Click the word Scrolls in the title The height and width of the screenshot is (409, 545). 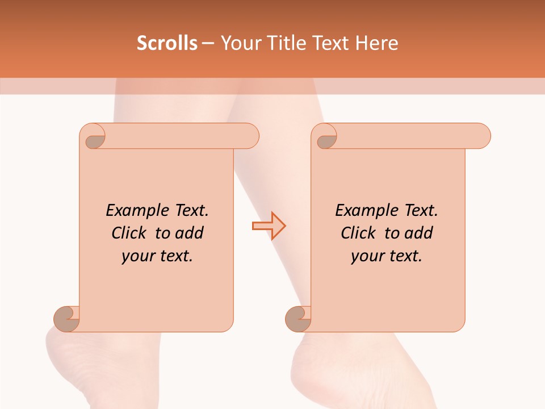(x=167, y=43)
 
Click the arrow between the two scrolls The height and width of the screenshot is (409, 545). (x=269, y=226)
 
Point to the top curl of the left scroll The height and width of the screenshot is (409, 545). (x=93, y=136)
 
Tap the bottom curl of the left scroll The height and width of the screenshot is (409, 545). (x=67, y=318)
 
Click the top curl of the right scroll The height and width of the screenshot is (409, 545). (x=325, y=136)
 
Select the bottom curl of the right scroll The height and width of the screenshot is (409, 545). (x=299, y=318)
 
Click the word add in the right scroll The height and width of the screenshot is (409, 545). (x=420, y=233)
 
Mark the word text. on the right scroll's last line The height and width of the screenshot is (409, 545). (x=404, y=256)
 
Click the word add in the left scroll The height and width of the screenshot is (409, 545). (x=190, y=233)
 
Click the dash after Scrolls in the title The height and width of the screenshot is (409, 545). (x=208, y=44)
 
